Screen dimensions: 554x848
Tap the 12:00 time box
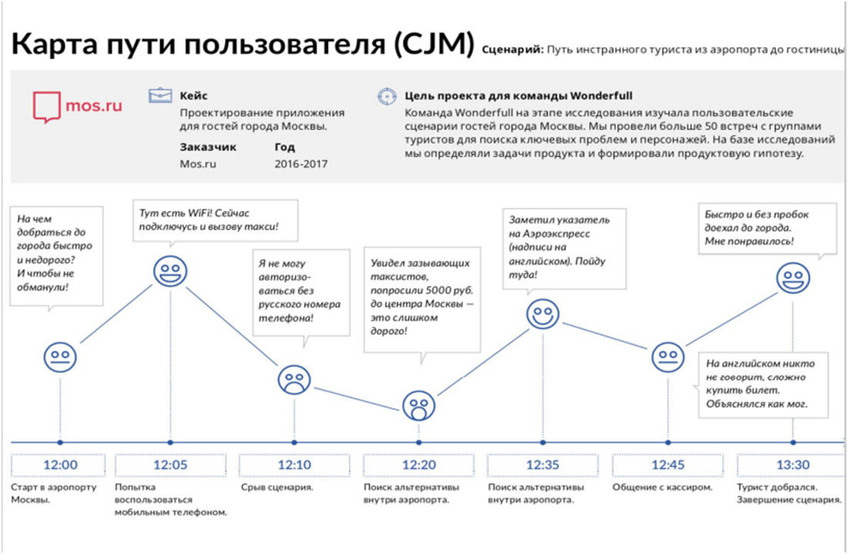pos(60,466)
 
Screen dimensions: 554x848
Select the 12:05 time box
pos(170,466)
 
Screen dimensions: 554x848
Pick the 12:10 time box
pos(294,466)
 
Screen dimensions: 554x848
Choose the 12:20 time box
pos(418,466)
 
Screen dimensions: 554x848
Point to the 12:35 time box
pos(542,466)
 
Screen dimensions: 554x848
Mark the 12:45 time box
pos(667,466)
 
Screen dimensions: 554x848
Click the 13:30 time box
pos(791,466)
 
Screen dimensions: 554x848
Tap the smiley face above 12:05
pos(170,271)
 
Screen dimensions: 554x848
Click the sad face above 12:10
pos(294,379)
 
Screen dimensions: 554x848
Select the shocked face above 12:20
pos(418,405)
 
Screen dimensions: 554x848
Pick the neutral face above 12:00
pos(60,356)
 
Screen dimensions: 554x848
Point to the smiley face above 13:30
pos(792,277)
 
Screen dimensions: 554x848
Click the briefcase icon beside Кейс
pos(160,96)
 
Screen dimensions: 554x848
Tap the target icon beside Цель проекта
pos(386,97)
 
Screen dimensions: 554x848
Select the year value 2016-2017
pos(300,164)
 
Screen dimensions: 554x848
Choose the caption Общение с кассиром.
pos(663,488)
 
